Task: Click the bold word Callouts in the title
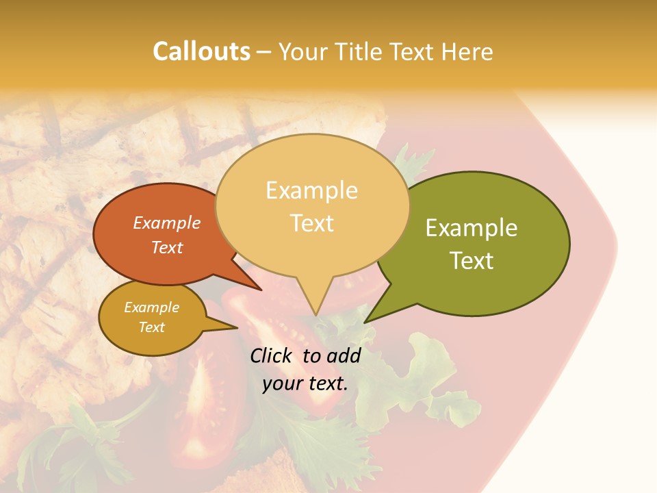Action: pyautogui.click(x=201, y=51)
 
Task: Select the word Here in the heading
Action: pyautogui.click(x=465, y=51)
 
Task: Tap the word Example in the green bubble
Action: pyautogui.click(x=472, y=228)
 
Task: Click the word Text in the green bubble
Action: pyautogui.click(x=472, y=261)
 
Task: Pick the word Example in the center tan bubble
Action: pyautogui.click(x=311, y=190)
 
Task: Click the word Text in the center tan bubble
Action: pyautogui.click(x=311, y=223)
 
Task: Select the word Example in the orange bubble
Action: pyautogui.click(x=166, y=223)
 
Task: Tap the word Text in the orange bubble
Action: pyautogui.click(x=166, y=247)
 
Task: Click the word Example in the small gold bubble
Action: pyautogui.click(x=151, y=307)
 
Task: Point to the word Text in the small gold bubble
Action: pyautogui.click(x=151, y=327)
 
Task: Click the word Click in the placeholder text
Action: pyautogui.click(x=272, y=355)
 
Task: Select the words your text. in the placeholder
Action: pyautogui.click(x=305, y=384)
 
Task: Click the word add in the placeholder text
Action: pyautogui.click(x=344, y=355)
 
